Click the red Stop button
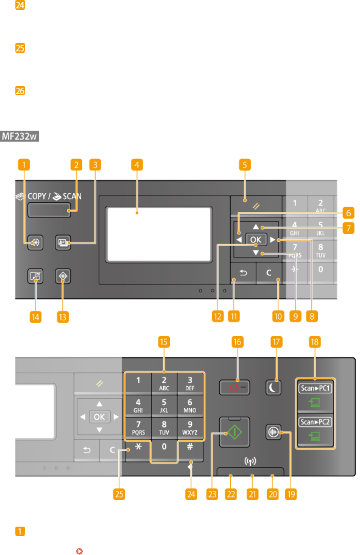(235, 387)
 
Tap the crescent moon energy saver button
(276, 387)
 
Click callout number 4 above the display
(137, 165)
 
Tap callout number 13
(63, 316)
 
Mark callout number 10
(278, 316)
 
